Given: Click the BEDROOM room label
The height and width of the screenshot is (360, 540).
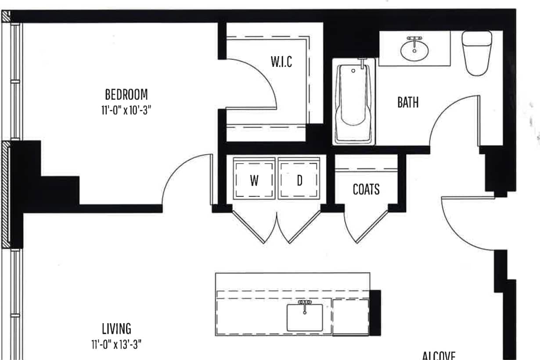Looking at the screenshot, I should [126, 94].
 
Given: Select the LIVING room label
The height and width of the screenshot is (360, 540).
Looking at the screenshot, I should [116, 328].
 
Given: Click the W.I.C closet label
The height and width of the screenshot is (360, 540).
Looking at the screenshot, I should [281, 62].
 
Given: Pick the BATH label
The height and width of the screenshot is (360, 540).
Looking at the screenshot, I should [408, 103].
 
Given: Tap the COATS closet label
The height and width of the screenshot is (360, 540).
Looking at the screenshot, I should [366, 189].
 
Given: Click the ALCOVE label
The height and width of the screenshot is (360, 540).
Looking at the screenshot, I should [439, 355].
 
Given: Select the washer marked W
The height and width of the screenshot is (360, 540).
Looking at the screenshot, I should [254, 180].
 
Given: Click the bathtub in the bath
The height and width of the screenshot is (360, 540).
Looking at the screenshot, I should [353, 103].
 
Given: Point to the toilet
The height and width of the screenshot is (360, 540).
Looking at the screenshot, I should [476, 53].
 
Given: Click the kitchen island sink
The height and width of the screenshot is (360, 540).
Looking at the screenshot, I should [304, 318].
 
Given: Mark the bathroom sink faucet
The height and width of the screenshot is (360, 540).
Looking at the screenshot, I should [414, 40].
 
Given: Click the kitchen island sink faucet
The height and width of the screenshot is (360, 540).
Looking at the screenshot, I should [304, 303].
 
